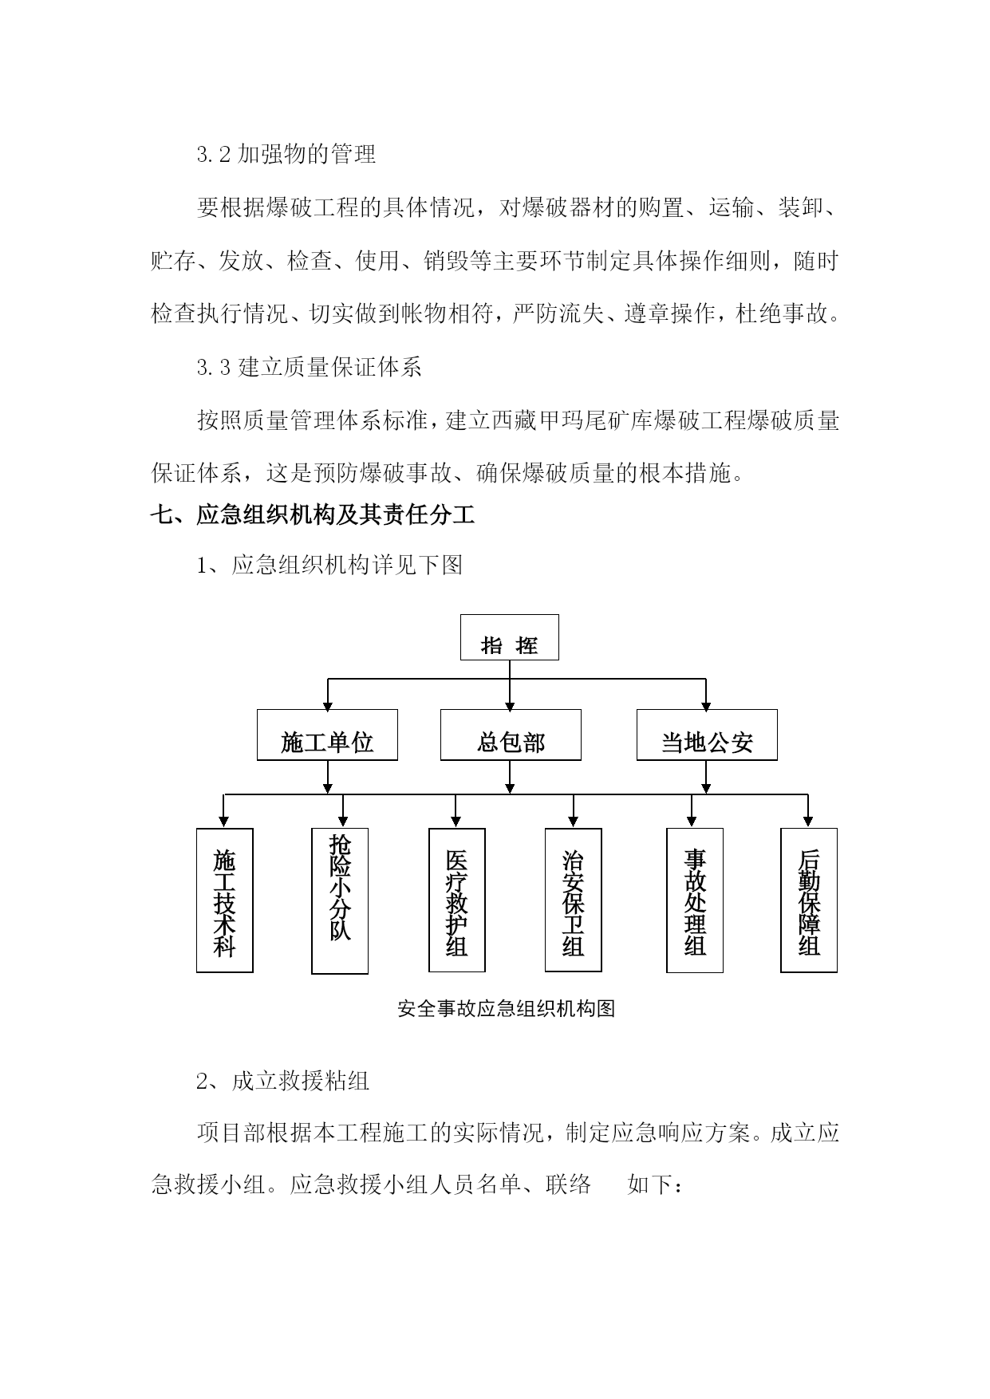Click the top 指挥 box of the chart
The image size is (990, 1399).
(x=509, y=637)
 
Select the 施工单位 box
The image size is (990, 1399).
(x=327, y=735)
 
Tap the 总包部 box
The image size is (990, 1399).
(x=511, y=735)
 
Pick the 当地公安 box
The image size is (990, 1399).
(x=707, y=735)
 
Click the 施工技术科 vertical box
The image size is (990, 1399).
(x=225, y=900)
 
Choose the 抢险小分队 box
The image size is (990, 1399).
(x=340, y=900)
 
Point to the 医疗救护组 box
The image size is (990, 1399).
(x=457, y=900)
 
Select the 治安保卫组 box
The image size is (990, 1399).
(x=574, y=900)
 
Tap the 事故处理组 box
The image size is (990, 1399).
(x=695, y=900)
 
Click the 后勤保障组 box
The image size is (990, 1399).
(x=809, y=900)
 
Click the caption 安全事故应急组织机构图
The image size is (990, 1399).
(x=507, y=1009)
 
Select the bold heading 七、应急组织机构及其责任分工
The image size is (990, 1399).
(x=313, y=515)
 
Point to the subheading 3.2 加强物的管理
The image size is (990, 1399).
(x=286, y=154)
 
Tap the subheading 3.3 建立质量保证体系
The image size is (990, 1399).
(x=310, y=367)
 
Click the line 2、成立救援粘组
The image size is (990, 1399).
(x=283, y=1082)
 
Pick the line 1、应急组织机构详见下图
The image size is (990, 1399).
(x=329, y=566)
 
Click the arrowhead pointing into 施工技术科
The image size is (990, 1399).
(x=224, y=822)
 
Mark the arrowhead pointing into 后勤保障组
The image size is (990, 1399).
(x=808, y=822)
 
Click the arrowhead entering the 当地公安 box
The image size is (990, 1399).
(x=706, y=704)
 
